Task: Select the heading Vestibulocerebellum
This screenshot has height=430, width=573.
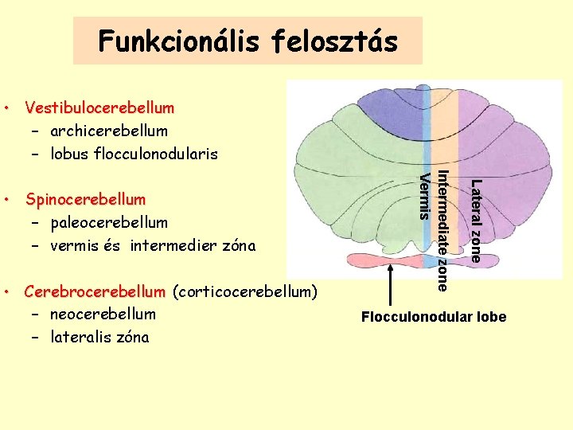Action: click(99, 107)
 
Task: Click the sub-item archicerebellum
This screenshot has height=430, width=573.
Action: click(109, 130)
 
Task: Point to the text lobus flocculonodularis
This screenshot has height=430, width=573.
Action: click(134, 153)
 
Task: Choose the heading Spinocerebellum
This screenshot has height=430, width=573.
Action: click(85, 199)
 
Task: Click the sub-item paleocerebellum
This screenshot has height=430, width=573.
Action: click(109, 222)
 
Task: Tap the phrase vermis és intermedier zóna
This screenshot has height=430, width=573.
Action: click(153, 245)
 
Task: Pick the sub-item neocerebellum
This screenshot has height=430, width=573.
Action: click(103, 314)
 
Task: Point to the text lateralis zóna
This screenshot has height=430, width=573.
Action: click(99, 337)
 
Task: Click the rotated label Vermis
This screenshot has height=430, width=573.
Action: click(425, 194)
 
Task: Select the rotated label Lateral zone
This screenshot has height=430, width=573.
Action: click(475, 221)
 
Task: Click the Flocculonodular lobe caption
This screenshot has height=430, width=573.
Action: click(434, 318)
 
